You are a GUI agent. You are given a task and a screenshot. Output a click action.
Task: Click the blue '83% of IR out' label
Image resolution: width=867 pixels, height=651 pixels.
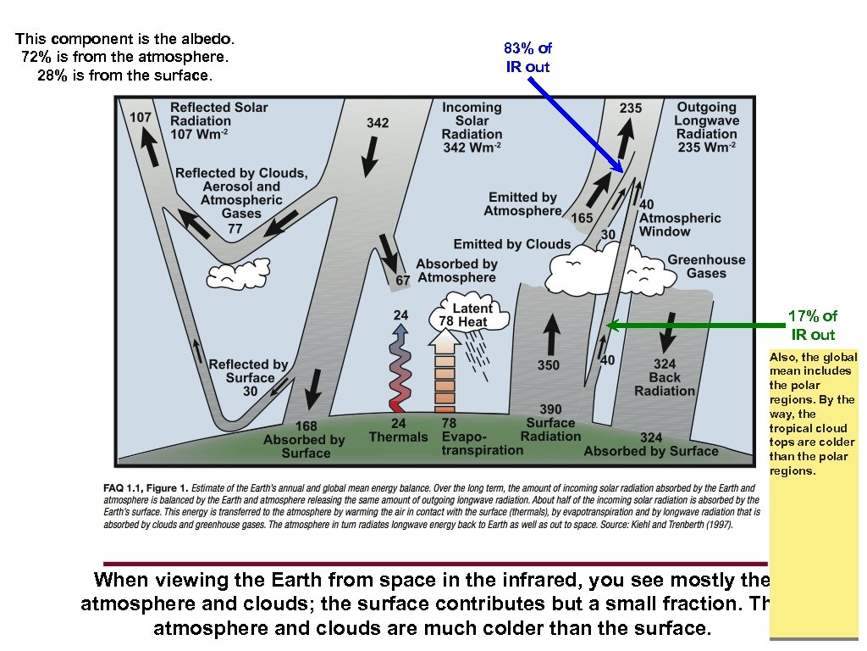coord(527,58)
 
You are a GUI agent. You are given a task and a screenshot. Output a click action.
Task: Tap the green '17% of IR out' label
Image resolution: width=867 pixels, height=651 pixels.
coord(812,325)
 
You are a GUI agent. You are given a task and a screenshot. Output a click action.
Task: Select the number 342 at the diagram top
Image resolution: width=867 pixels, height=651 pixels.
coord(378,123)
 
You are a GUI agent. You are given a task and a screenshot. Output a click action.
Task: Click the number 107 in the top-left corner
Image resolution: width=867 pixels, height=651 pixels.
coord(141,117)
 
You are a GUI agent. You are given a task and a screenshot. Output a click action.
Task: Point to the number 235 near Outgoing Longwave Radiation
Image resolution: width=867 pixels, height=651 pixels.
coord(631,108)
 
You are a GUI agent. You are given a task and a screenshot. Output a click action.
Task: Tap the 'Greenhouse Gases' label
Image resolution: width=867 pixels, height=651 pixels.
coord(706,266)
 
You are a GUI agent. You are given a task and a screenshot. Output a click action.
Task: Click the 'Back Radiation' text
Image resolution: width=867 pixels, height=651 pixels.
coord(665,384)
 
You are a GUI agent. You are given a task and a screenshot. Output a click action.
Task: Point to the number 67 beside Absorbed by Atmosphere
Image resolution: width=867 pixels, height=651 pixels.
coord(403,280)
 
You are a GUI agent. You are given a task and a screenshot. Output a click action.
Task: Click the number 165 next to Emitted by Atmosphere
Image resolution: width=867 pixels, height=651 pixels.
coord(582,218)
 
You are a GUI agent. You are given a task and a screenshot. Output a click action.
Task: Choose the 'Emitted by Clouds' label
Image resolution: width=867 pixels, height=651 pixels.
coord(512,244)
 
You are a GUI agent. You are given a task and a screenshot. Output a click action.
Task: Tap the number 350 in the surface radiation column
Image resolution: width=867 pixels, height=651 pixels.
coord(549,365)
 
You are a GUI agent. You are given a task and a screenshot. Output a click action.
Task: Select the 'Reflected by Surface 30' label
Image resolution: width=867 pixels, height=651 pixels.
coord(248,377)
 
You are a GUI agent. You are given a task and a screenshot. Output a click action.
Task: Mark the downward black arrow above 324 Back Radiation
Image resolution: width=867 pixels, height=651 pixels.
coord(667,332)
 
